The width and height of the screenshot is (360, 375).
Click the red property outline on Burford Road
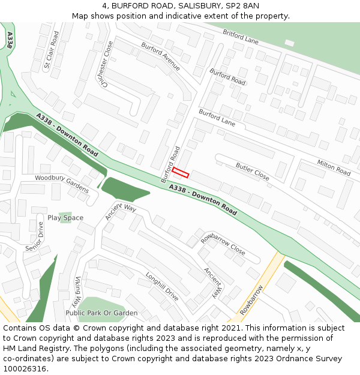(181, 173)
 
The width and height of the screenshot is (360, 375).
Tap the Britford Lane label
(240, 37)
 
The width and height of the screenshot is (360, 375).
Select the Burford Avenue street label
(160, 56)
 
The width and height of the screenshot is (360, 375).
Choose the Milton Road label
(334, 168)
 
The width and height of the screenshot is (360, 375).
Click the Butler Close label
(253, 170)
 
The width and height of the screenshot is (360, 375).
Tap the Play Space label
(65, 218)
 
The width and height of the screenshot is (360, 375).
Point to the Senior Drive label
(35, 237)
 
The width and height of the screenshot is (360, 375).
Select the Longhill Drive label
(162, 287)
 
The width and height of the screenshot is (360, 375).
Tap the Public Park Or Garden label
(101, 313)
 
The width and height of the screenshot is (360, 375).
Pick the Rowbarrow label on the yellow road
(252, 301)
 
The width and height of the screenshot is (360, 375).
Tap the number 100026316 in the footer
(25, 368)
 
